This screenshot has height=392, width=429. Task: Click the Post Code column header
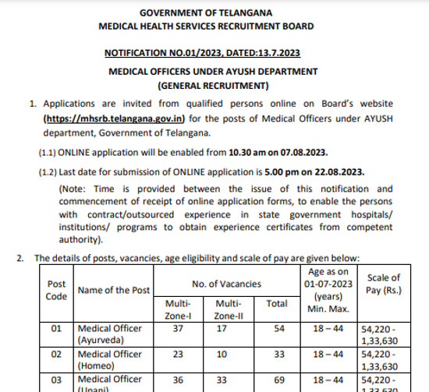coord(56,290)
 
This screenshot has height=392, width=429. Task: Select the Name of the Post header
coord(113,291)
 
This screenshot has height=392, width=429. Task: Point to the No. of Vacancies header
coord(227,284)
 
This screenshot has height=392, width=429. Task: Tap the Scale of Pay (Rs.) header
coord(383,284)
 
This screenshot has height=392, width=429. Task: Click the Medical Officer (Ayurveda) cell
coord(109,334)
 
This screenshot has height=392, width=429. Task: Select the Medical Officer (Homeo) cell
coord(109,359)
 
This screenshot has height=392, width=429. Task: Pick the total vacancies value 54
coord(277,329)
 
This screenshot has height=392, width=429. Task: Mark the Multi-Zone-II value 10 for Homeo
coord(228,354)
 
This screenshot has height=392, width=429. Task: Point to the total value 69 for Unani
coord(277,379)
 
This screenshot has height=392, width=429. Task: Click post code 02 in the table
coord(56,354)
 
